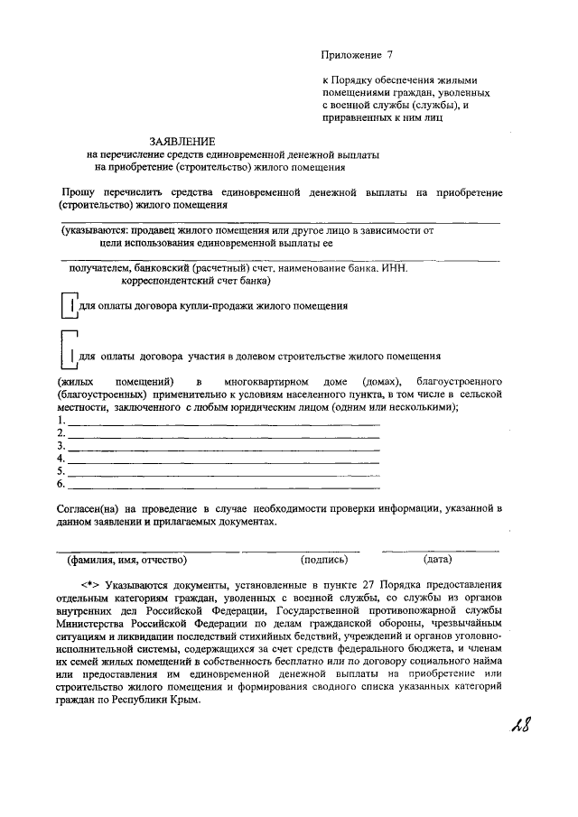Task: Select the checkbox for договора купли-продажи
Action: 68,307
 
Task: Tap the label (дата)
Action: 418,560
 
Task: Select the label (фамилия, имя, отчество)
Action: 131,560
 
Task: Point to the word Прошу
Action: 79,192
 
